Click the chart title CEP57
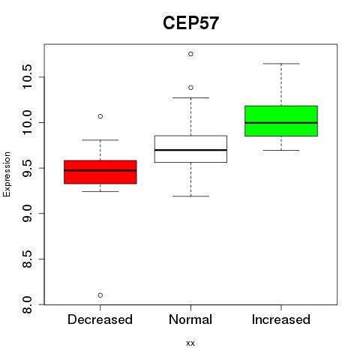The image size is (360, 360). click(x=190, y=23)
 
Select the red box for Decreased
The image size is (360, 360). click(x=100, y=172)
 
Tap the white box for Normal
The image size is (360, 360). click(x=190, y=149)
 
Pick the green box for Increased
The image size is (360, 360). click(x=281, y=121)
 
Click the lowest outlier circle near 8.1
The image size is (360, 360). click(x=100, y=295)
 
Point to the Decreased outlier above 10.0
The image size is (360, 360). click(x=100, y=116)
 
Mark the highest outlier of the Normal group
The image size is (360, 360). click(x=190, y=54)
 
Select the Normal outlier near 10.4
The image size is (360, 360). click(x=190, y=88)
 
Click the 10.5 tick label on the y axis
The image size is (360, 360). click(x=27, y=76)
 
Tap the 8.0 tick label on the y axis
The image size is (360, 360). click(x=27, y=304)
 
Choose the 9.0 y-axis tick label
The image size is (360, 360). click(x=27, y=213)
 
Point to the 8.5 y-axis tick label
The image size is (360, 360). click(x=27, y=259)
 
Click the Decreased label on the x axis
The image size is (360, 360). click(x=100, y=319)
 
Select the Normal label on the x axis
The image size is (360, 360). click(x=190, y=319)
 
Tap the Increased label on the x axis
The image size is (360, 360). click(x=281, y=319)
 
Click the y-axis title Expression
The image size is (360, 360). click(x=7, y=174)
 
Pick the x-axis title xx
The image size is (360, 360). click(x=190, y=343)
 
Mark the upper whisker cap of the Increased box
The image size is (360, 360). click(x=281, y=64)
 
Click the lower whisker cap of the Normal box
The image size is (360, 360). click(x=190, y=196)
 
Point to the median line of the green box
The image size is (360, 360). click(x=281, y=123)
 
